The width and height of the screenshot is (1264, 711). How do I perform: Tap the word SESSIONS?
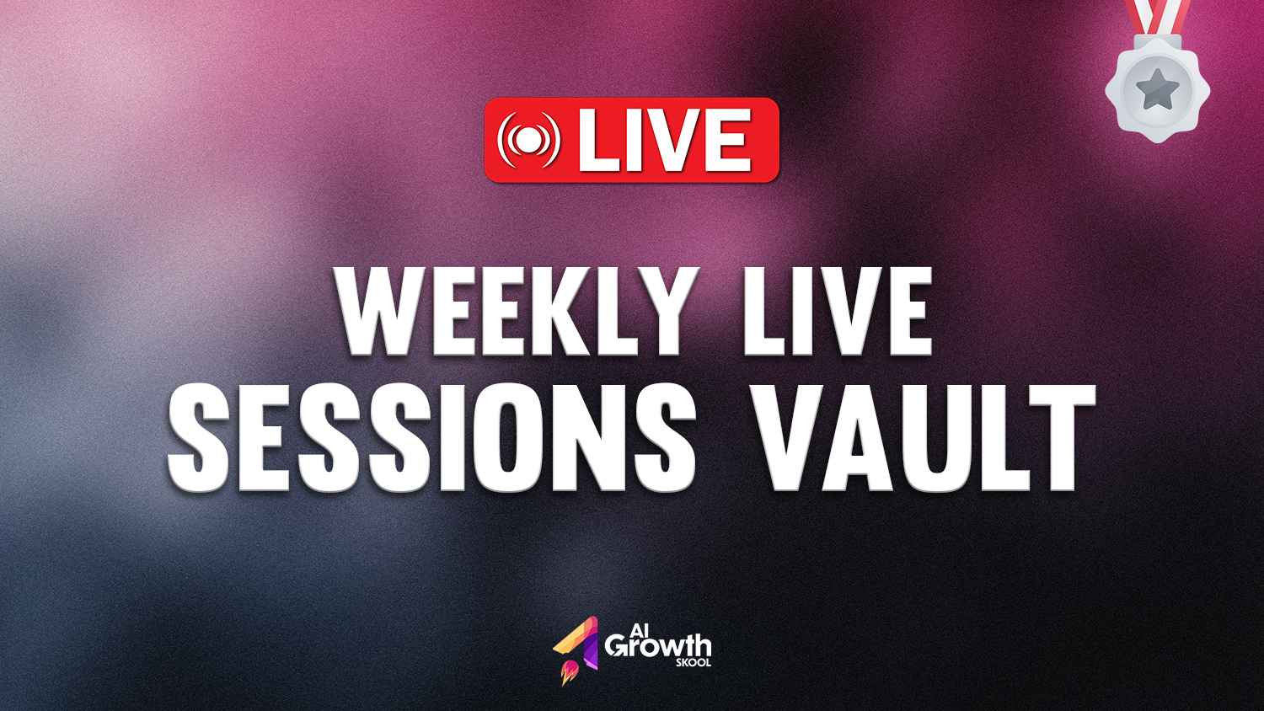pyautogui.click(x=431, y=437)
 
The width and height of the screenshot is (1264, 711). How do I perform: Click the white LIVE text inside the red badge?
pyautogui.click(x=666, y=140)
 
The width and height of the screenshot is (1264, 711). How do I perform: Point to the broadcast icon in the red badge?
pyautogui.click(x=528, y=140)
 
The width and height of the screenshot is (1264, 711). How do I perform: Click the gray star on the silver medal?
pyautogui.click(x=1157, y=88)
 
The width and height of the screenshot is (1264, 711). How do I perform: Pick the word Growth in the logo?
pyautogui.click(x=657, y=647)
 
